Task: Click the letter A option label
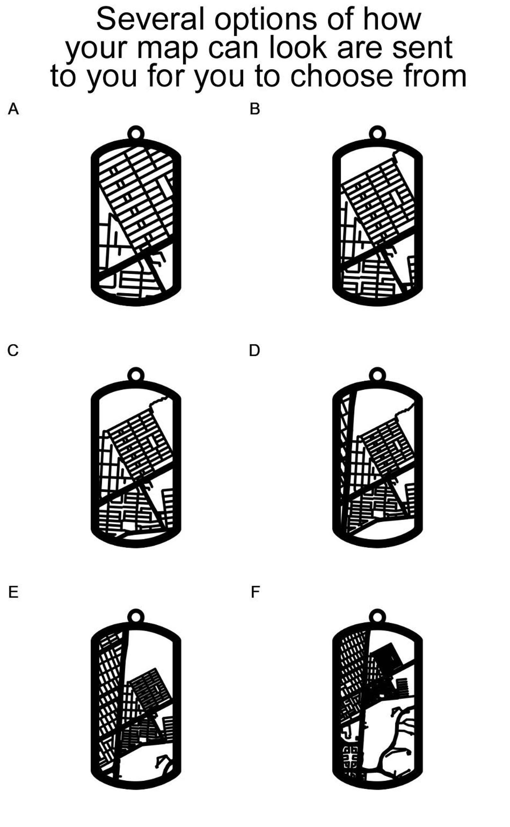coord(13,109)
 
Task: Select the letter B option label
coord(255,109)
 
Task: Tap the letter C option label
coord(13,351)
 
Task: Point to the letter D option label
coord(254,351)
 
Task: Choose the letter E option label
coord(13,592)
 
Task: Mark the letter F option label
coord(255,592)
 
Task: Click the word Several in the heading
coord(150,19)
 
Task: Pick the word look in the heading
coord(298,48)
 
